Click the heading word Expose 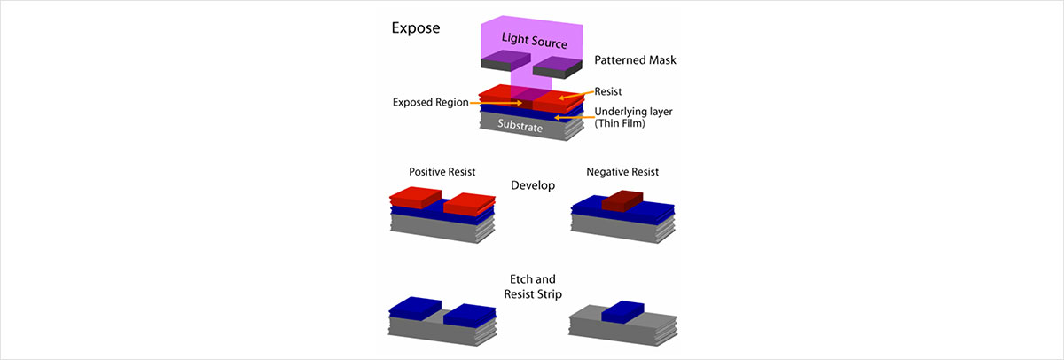(x=416, y=27)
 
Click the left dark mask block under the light (x=505, y=60)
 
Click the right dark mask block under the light (x=556, y=65)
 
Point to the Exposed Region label (x=426, y=102)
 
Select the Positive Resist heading (x=437, y=170)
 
